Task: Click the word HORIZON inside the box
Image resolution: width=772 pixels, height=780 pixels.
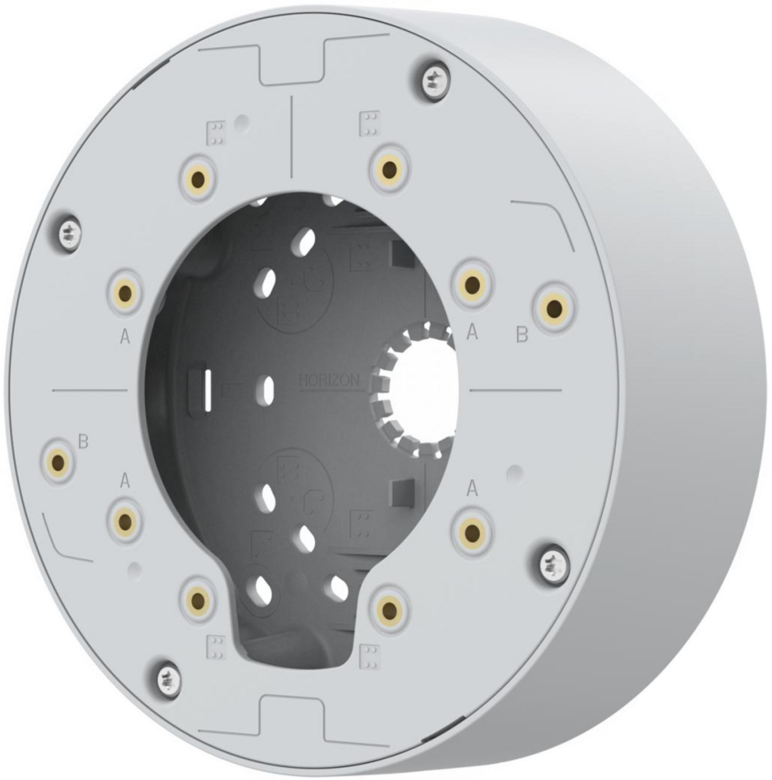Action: [x=329, y=380]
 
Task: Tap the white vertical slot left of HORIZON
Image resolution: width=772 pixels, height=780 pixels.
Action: [x=208, y=391]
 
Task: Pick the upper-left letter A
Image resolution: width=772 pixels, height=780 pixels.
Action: [x=125, y=336]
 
